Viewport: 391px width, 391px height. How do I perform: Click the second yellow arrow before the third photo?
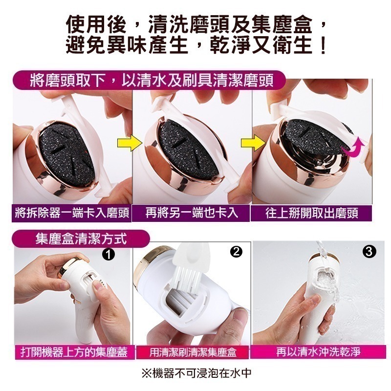[x=251, y=145]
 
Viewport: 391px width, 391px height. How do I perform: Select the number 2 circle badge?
[x=236, y=252]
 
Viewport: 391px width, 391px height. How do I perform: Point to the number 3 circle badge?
[x=369, y=252]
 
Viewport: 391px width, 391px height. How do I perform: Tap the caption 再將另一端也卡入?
[x=192, y=213]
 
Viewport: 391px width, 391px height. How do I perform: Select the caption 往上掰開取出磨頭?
[x=311, y=214]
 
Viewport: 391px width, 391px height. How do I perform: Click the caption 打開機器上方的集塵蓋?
[x=74, y=352]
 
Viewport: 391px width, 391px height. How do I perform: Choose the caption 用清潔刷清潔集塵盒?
[x=193, y=352]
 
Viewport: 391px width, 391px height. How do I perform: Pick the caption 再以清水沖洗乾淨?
[x=311, y=352]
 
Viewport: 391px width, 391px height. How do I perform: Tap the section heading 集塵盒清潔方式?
[x=81, y=239]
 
